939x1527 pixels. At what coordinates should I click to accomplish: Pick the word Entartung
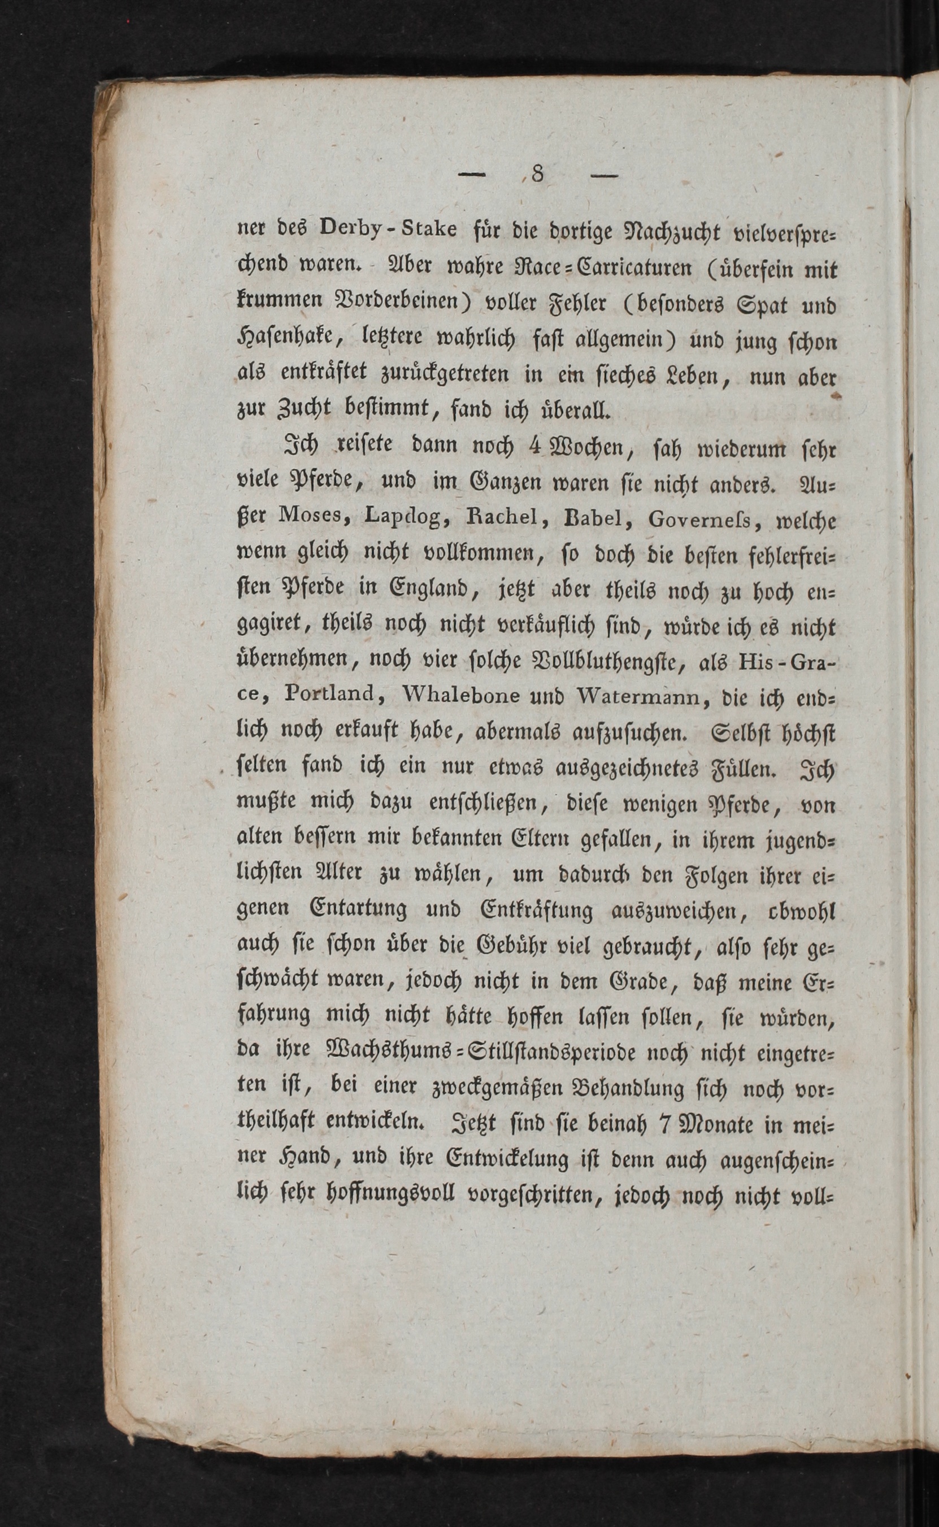358,910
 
